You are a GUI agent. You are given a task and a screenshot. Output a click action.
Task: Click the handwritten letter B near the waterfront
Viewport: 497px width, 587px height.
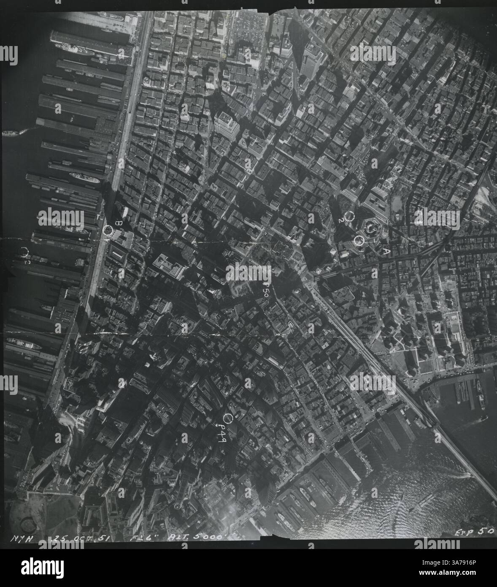click(119, 223)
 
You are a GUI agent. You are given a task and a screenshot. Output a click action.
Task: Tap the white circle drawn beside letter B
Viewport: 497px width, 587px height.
click(108, 230)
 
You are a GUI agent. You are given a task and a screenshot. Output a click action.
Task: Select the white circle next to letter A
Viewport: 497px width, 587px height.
click(359, 241)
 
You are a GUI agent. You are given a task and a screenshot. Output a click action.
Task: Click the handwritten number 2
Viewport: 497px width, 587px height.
click(340, 220)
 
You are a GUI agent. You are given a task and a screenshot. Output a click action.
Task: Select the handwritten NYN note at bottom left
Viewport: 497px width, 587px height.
click(31, 538)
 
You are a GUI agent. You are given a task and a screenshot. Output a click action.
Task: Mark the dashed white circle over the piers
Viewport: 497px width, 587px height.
click(24, 252)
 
